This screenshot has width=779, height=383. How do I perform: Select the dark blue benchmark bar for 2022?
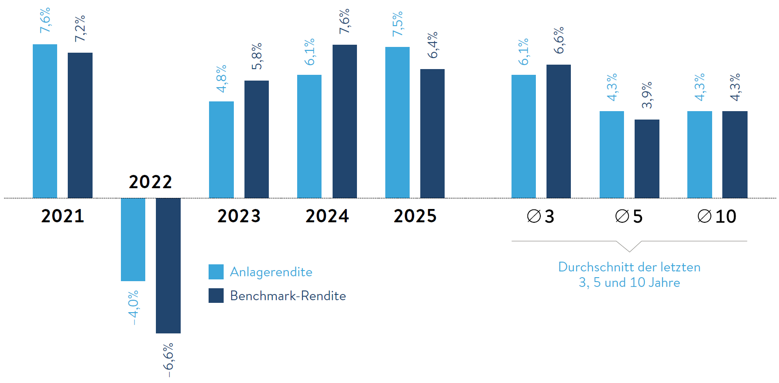point(168,265)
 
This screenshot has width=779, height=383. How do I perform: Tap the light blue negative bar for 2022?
point(133,239)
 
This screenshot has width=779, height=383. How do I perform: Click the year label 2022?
point(150,182)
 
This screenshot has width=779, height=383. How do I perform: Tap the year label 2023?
point(239,216)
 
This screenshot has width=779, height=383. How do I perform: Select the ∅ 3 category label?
point(541,217)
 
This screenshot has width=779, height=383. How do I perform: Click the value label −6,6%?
point(169,360)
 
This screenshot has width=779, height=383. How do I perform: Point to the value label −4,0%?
point(133,307)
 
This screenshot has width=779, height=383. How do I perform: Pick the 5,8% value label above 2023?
point(257,56)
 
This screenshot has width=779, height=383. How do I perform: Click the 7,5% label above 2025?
point(398,24)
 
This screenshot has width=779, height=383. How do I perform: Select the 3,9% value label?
point(647,95)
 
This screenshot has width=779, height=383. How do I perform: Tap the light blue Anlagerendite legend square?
point(216,272)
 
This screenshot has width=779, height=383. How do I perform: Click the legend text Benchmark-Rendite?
point(288,296)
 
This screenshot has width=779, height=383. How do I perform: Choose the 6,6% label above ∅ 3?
point(559,40)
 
